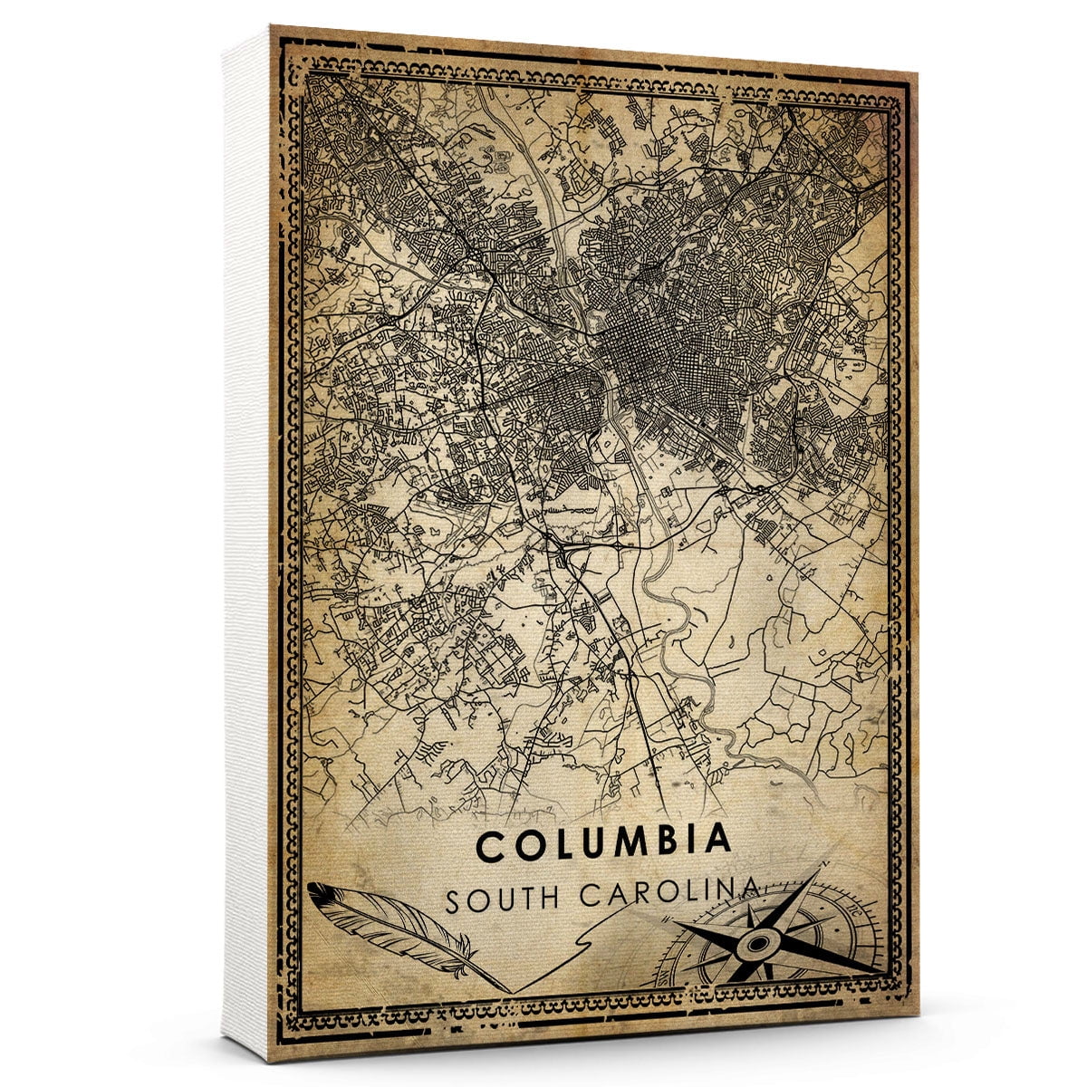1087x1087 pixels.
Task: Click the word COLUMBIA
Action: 603,843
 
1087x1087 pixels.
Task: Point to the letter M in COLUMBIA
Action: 627,842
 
